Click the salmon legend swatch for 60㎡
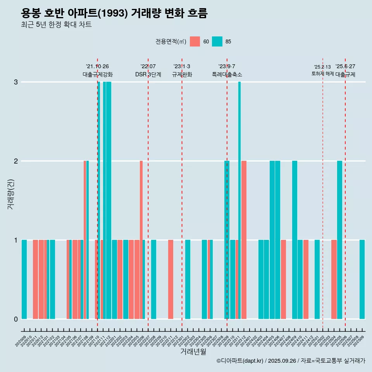(x=195, y=41)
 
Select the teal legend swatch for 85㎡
(x=217, y=41)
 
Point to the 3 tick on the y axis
(x=15, y=82)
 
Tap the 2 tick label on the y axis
(x=15, y=161)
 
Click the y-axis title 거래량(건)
(x=11, y=194)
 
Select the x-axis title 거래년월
(x=193, y=351)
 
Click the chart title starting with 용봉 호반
(x=114, y=14)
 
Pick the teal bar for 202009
(x=24, y=279)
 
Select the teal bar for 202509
(x=362, y=279)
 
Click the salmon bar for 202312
(x=244, y=240)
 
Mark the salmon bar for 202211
(x=170, y=279)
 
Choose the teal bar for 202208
(x=153, y=279)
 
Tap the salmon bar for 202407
(x=283, y=279)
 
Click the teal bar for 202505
(x=339, y=240)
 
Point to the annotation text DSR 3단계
(x=148, y=74)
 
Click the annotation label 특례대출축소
(x=227, y=74)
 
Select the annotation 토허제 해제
(x=322, y=74)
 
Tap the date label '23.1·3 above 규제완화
(x=182, y=67)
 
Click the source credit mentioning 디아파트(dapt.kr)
(x=291, y=361)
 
